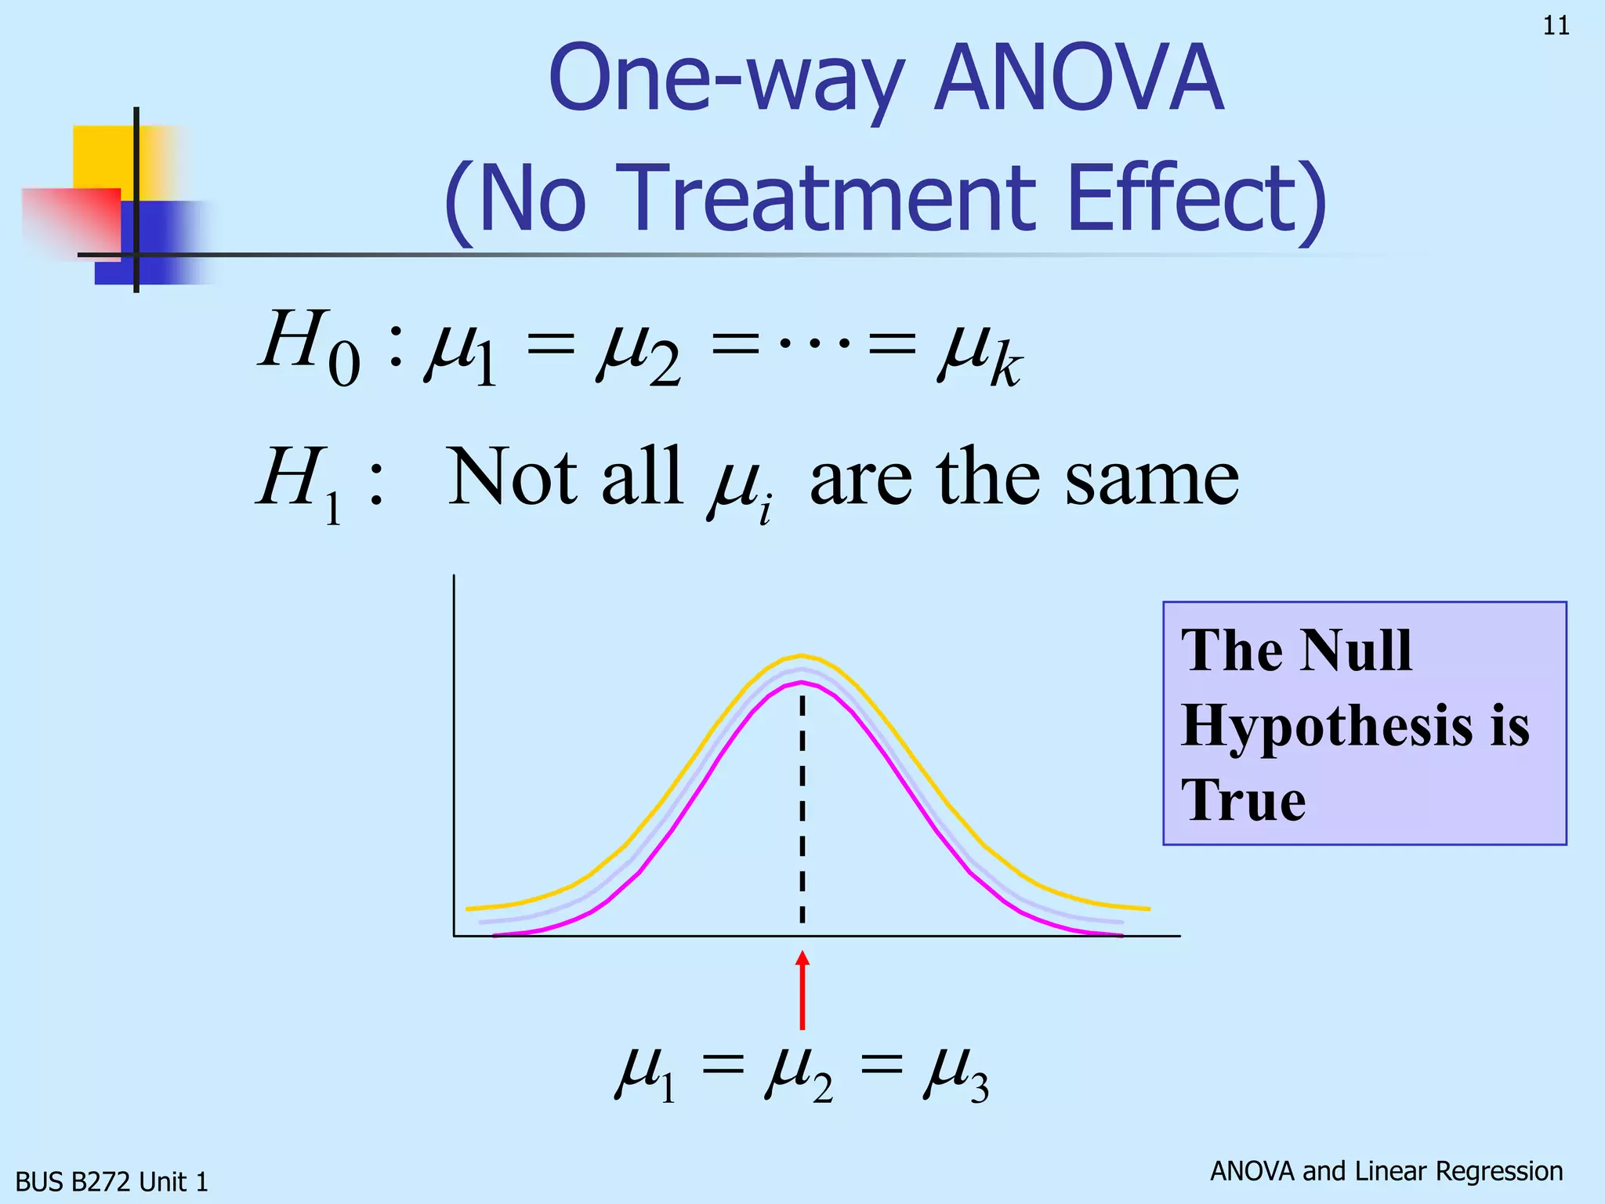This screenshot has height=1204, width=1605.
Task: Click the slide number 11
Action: tap(1556, 26)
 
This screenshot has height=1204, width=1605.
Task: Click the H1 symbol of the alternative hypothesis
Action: tap(301, 482)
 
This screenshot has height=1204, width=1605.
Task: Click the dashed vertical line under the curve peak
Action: tap(802, 807)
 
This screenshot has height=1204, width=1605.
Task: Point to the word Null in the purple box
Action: tap(1356, 651)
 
